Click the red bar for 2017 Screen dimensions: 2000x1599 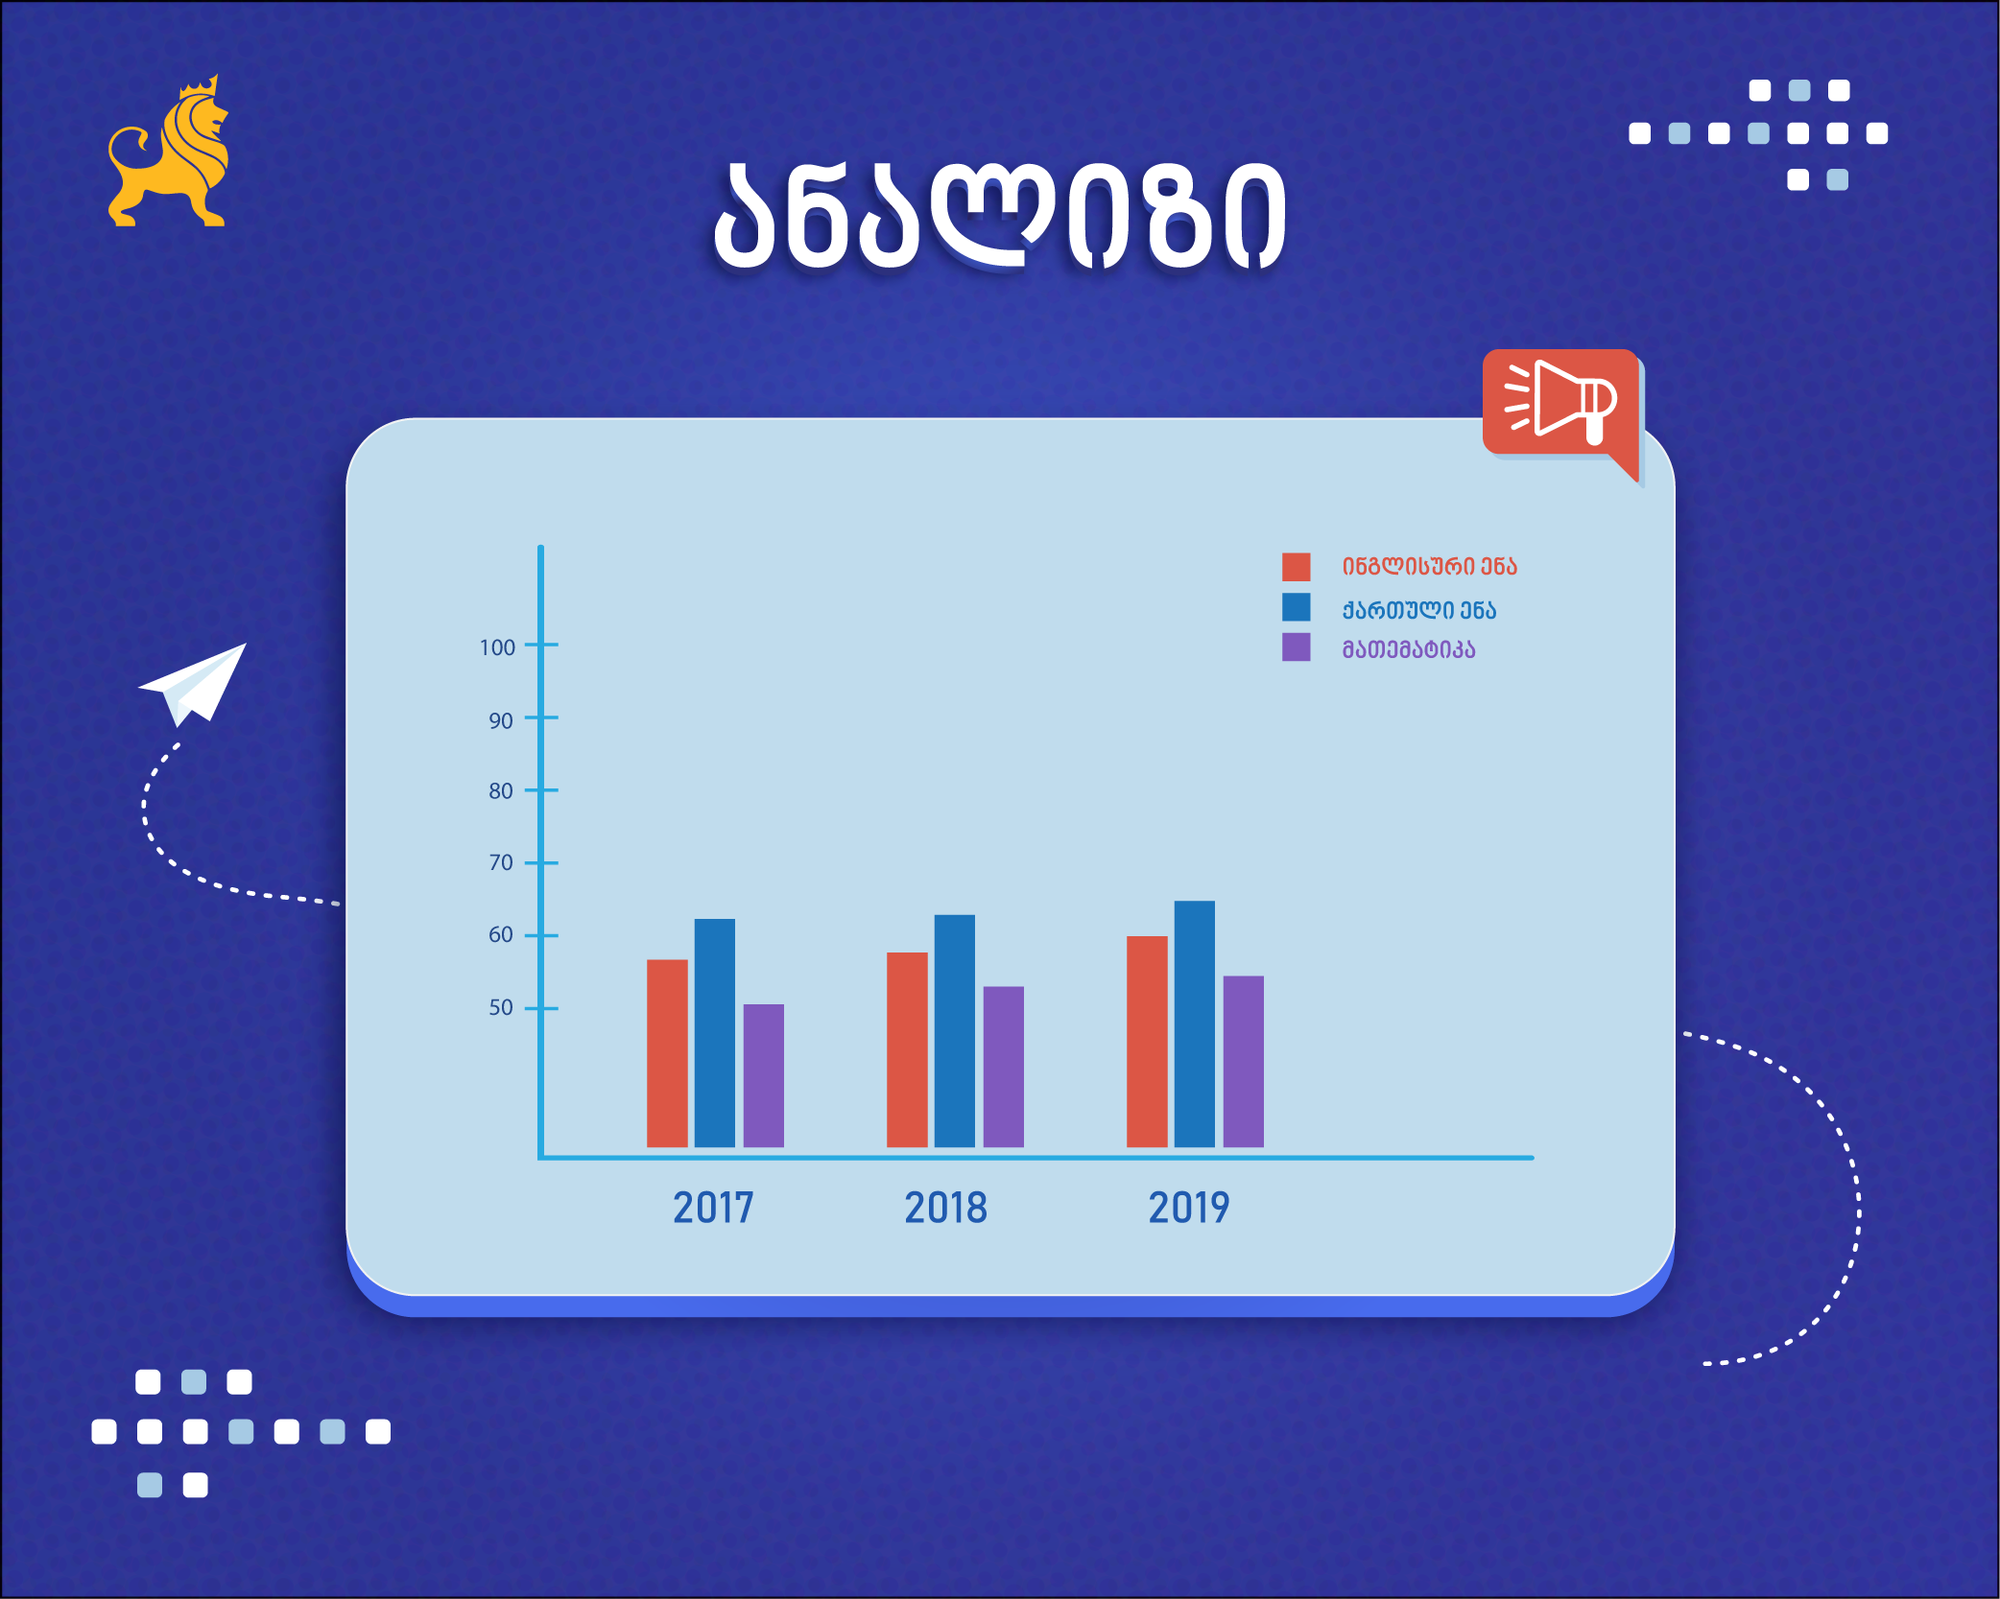[667, 1053]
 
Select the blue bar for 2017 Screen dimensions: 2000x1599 [715, 1033]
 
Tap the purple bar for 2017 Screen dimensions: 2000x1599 [764, 1075]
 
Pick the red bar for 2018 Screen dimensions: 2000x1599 [907, 1049]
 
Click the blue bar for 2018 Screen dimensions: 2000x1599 [955, 1031]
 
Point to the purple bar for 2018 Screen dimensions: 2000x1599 [1004, 1067]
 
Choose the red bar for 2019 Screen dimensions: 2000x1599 [1147, 1042]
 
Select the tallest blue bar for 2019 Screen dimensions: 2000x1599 [1195, 1023]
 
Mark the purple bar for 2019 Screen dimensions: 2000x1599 [1244, 1062]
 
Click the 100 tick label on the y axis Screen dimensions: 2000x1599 [497, 647]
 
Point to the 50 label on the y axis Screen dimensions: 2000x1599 [501, 1007]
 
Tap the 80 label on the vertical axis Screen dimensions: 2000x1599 [501, 791]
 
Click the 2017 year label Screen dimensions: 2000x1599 [713, 1208]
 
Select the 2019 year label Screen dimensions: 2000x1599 [1189, 1208]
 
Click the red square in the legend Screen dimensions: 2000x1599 [1297, 567]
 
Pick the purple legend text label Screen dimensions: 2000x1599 [1409, 649]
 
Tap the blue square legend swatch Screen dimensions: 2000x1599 [1297, 607]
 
